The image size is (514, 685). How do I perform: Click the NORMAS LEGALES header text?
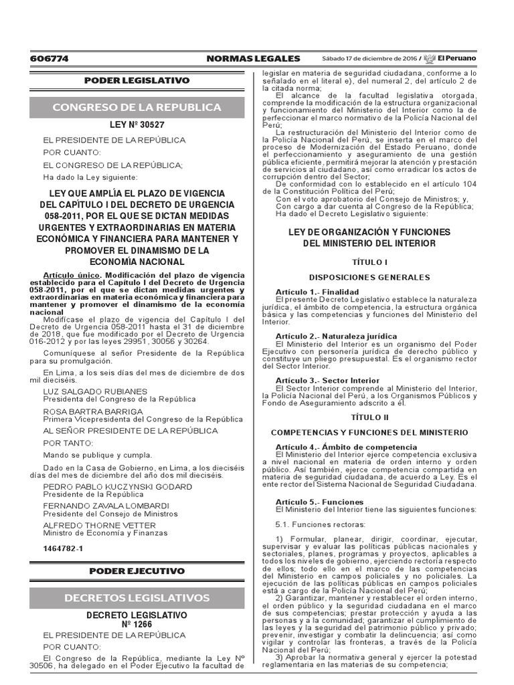pos(254,59)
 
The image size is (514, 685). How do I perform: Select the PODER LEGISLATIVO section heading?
pos(137,80)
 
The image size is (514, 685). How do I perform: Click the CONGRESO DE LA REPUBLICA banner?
pos(137,108)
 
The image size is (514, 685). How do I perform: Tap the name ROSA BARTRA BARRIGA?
pos(92,411)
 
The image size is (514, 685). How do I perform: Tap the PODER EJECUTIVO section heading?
pos(137,571)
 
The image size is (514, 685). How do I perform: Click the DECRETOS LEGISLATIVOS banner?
pos(137,597)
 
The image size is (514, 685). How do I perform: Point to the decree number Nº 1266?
pos(137,624)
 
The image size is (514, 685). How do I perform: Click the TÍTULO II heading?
pos(369,416)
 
